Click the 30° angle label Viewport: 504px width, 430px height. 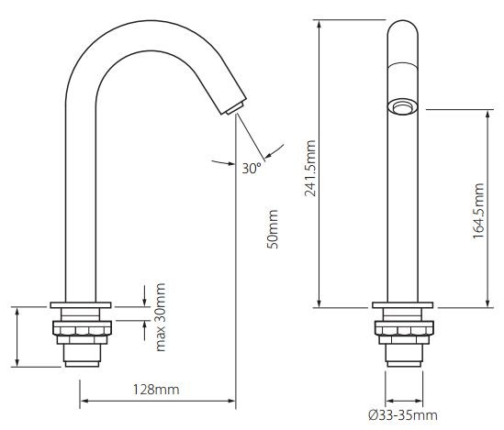252,168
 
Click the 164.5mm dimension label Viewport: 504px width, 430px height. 478,209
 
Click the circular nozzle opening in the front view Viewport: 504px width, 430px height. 401,107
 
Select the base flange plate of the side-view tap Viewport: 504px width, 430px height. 82,305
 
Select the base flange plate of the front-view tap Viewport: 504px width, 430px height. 401,305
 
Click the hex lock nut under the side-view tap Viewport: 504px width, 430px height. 82,328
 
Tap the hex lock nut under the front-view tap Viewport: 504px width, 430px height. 401,328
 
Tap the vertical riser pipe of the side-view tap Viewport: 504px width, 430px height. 82,202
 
